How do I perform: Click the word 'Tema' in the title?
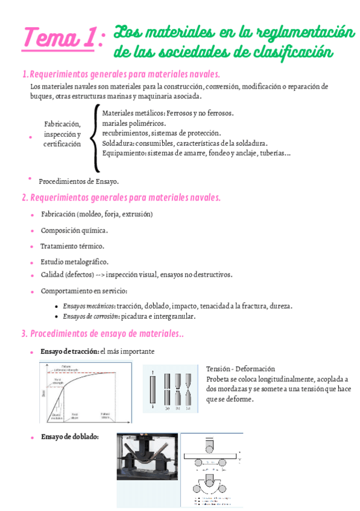[x=49, y=39]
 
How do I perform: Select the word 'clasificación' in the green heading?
[x=288, y=52]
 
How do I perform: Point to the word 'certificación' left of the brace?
[x=62, y=145]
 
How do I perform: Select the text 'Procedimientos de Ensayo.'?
[x=78, y=181]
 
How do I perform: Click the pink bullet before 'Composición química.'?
[x=32, y=231]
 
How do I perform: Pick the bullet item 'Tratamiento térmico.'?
[x=72, y=246]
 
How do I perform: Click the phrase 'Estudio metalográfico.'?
[x=74, y=262]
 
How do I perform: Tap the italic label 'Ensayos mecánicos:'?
[x=89, y=306]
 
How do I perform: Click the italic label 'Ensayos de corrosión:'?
[x=91, y=316]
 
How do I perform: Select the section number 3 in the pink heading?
[x=24, y=333]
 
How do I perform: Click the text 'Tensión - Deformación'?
[x=240, y=368]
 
